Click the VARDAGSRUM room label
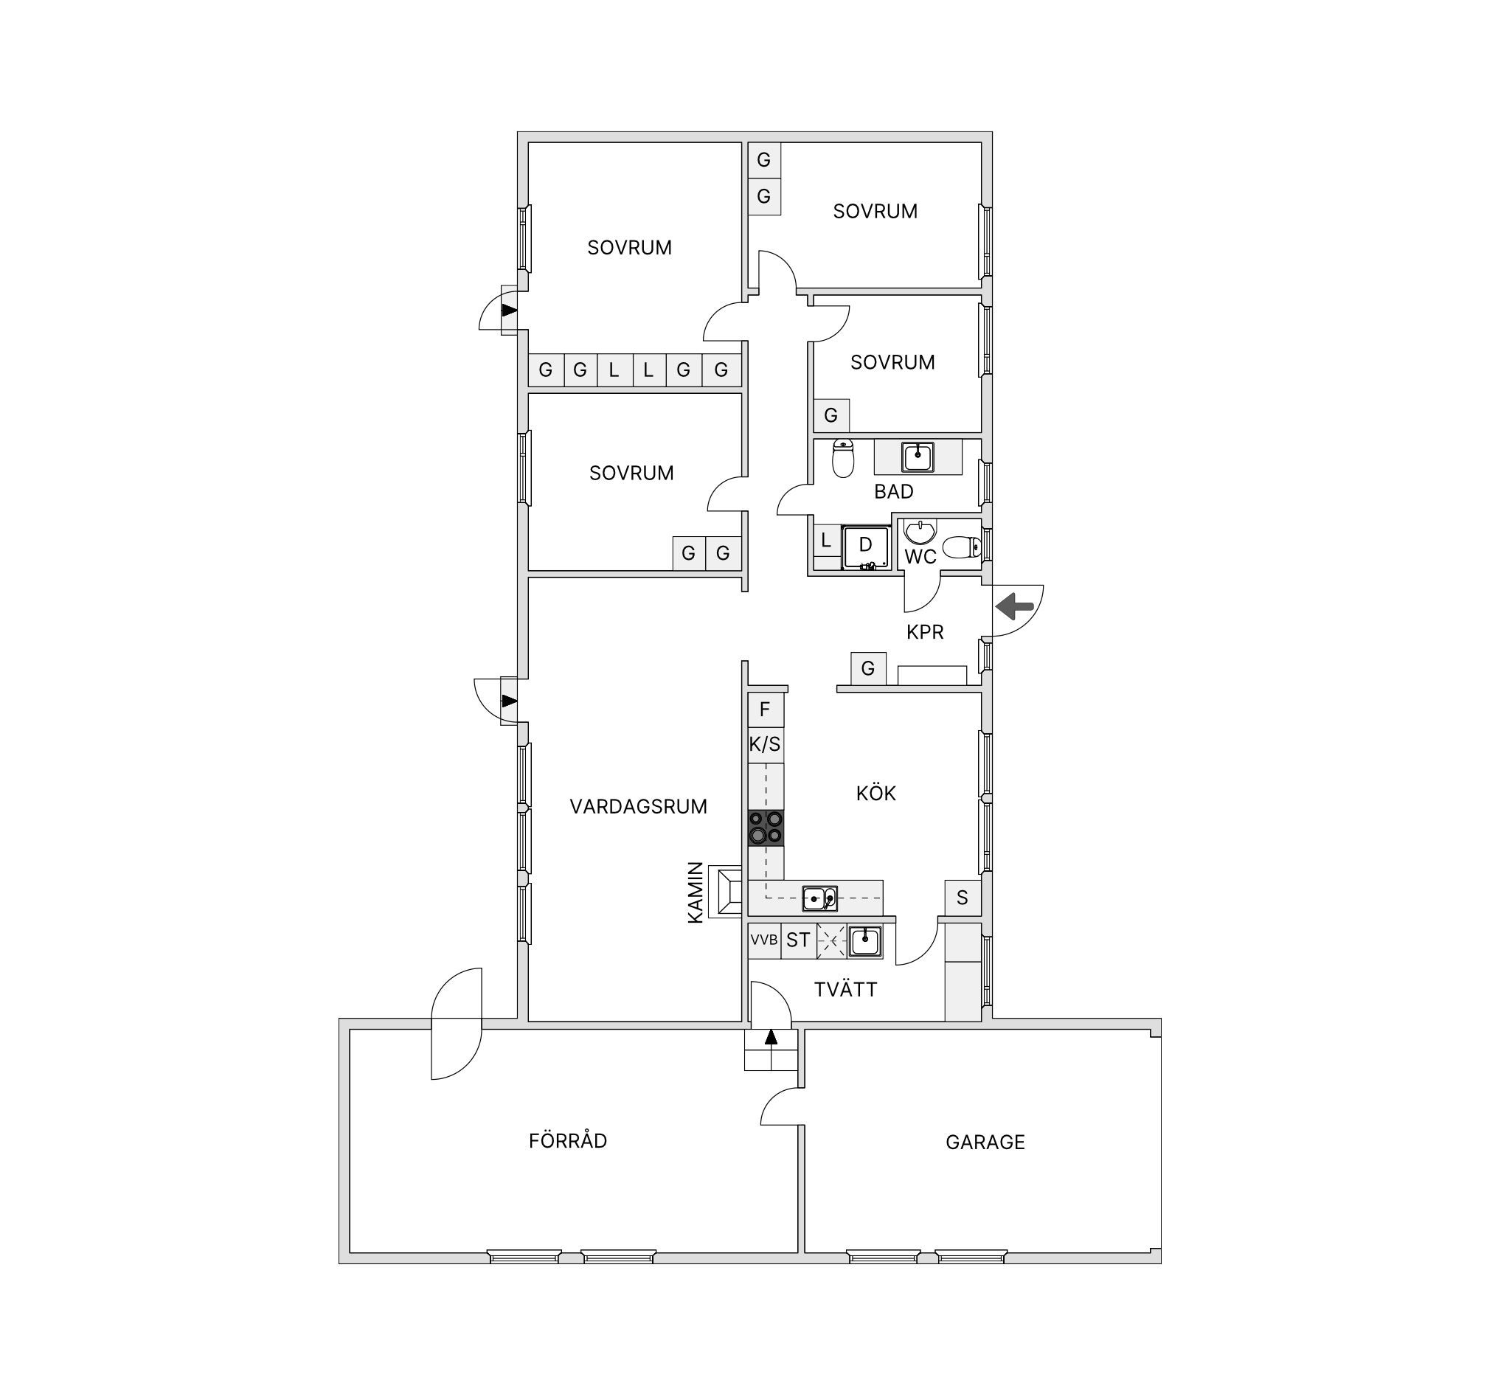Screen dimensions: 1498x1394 pos(638,807)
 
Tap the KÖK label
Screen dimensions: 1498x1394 pos(875,793)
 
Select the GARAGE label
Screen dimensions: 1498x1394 pos(985,1142)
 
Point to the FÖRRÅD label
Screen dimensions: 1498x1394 pos(567,1140)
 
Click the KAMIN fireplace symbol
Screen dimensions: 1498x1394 pos(726,892)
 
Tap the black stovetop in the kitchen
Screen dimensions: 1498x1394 pos(766,828)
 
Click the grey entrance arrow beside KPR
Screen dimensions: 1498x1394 pos(1014,606)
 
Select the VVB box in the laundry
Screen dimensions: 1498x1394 pos(764,940)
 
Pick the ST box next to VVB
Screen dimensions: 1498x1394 pos(798,940)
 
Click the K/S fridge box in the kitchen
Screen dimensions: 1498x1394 pos(765,745)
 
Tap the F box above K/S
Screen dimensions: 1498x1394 pos(765,710)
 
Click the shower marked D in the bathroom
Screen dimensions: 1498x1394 pos(865,548)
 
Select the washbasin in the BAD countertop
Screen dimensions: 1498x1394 pos(918,457)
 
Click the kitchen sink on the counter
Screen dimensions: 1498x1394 pos(819,898)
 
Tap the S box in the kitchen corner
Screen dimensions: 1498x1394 pos(963,898)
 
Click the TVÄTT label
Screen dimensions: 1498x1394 pos(845,989)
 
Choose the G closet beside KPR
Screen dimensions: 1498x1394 pos(868,668)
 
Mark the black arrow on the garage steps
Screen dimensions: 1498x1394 pos(770,1037)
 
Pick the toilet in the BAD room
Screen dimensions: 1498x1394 pos(843,458)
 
